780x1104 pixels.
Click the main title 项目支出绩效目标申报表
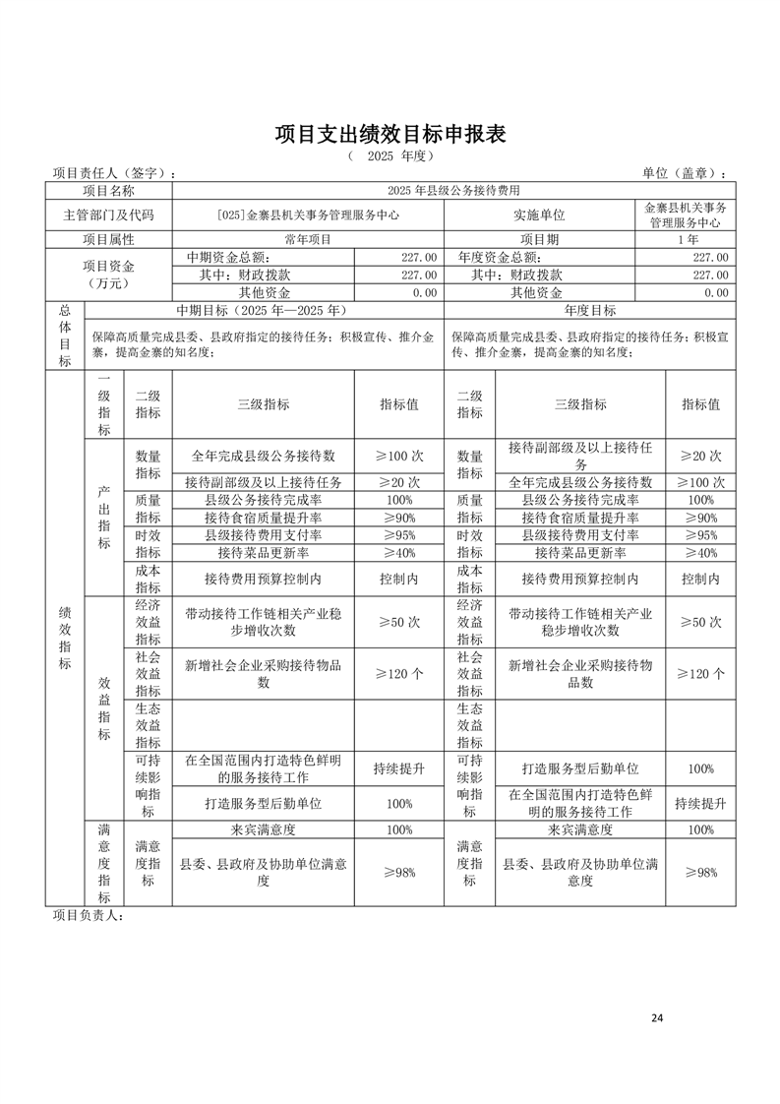390,134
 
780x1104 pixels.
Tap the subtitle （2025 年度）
390,156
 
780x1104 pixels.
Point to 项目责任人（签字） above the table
113,173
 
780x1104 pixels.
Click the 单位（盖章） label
686,173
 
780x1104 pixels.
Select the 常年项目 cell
308,239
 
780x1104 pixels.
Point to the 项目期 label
539,239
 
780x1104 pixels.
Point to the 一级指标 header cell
104,404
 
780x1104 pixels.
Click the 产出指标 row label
104,517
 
